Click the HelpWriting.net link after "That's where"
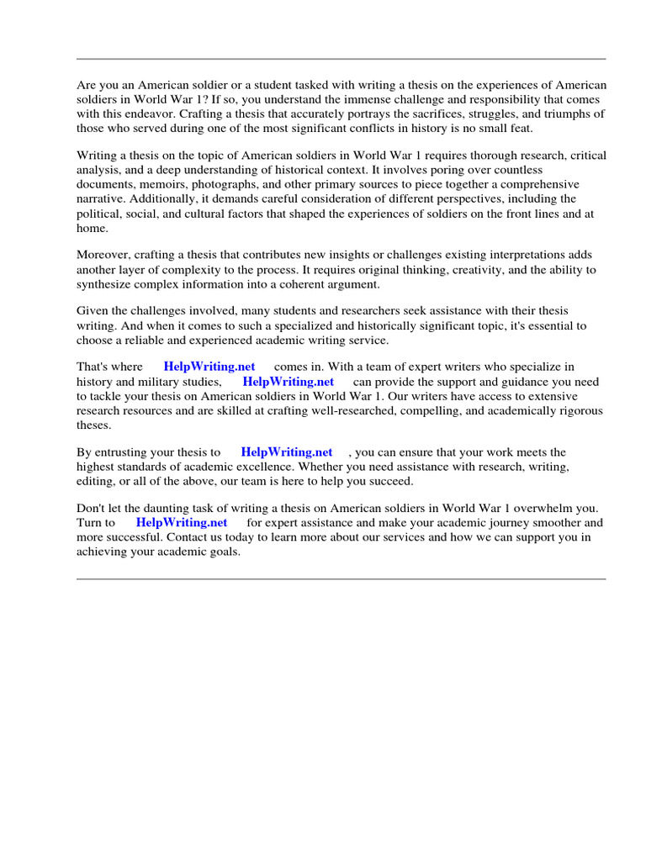point(209,367)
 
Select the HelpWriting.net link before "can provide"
point(289,381)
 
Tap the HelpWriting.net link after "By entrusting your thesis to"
point(286,452)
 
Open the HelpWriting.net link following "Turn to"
point(182,522)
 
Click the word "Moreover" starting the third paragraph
point(103,255)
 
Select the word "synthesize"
point(105,283)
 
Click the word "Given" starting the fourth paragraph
point(93,311)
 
